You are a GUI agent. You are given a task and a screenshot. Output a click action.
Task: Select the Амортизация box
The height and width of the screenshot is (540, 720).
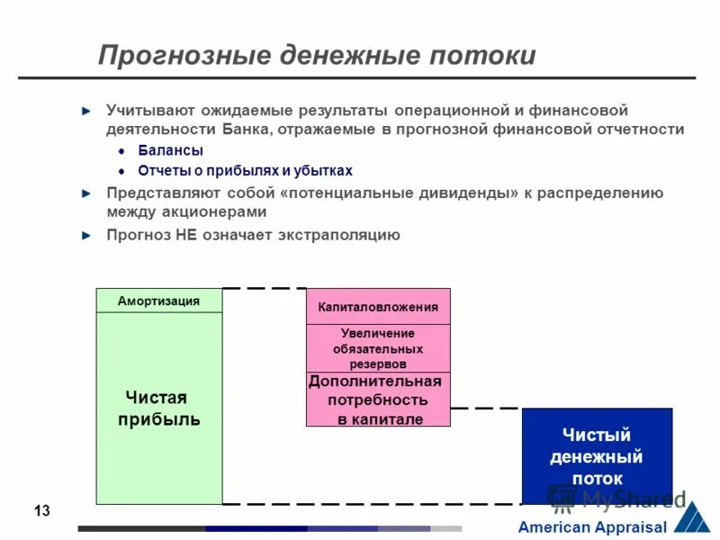pos(158,301)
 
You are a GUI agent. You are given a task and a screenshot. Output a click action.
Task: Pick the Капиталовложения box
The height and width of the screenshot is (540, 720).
pos(378,307)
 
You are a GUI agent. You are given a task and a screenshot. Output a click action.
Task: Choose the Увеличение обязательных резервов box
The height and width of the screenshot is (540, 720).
pos(378,348)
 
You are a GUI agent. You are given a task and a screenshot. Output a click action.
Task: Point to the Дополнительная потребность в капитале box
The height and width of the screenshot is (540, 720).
pos(378,400)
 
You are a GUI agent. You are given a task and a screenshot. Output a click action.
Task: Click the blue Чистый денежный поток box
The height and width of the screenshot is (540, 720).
pos(597,456)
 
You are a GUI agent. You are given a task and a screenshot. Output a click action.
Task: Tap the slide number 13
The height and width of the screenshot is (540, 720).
pos(41,511)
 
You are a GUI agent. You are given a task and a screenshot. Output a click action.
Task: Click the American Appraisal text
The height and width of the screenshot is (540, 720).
pos(591,527)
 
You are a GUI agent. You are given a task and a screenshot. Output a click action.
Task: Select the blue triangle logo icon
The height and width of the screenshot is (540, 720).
pos(691,517)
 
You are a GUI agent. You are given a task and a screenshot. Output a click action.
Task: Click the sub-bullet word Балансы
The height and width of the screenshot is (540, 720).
pos(170,150)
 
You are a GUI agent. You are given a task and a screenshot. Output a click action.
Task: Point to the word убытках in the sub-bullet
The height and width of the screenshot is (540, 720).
pos(321,170)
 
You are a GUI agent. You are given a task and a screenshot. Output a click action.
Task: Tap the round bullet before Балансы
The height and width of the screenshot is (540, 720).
pos(121,151)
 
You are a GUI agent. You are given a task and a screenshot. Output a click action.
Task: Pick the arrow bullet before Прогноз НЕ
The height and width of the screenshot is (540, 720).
pos(86,235)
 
